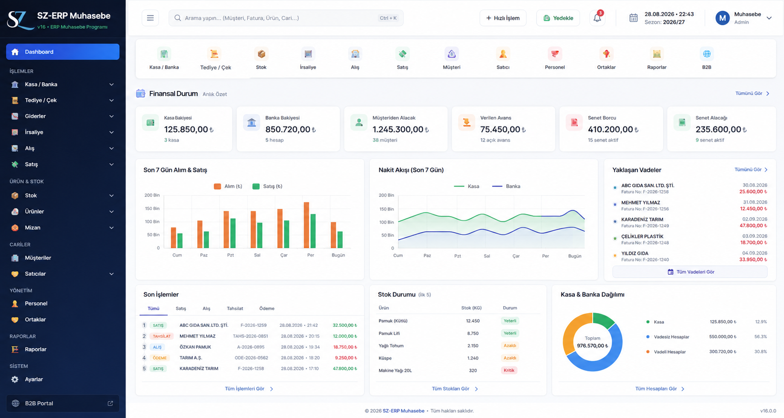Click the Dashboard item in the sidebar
click(63, 52)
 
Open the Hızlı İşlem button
click(503, 18)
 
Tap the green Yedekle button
click(558, 18)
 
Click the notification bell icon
click(597, 18)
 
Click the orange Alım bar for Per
click(306, 225)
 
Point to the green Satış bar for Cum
click(180, 241)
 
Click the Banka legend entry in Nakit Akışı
click(506, 186)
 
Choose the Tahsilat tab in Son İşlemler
click(235, 308)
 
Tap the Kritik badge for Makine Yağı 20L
click(509, 371)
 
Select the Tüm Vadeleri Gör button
click(690, 272)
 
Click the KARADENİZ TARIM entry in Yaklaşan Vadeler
click(642, 219)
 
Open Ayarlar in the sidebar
click(34, 379)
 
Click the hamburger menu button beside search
click(150, 18)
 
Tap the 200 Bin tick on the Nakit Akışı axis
click(386, 195)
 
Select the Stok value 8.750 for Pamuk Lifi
click(473, 334)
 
